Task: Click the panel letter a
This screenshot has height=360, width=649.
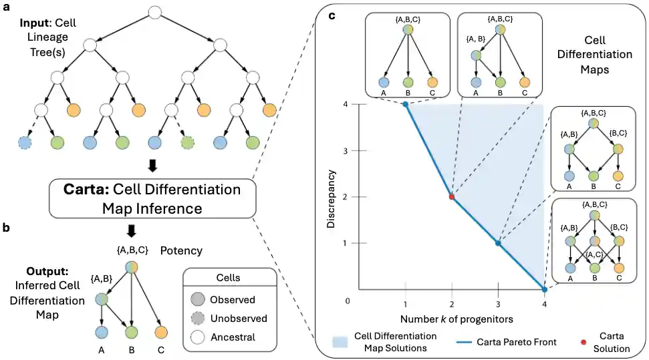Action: click(x=5, y=8)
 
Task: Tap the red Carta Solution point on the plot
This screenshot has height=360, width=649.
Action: click(x=452, y=197)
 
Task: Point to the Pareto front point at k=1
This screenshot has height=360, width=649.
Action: click(x=405, y=104)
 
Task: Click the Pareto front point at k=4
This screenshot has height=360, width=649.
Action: click(x=544, y=289)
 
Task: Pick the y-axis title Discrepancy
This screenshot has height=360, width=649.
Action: click(x=332, y=198)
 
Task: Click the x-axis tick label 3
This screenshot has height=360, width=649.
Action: click(x=498, y=303)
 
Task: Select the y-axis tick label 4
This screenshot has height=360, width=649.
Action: click(x=346, y=105)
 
